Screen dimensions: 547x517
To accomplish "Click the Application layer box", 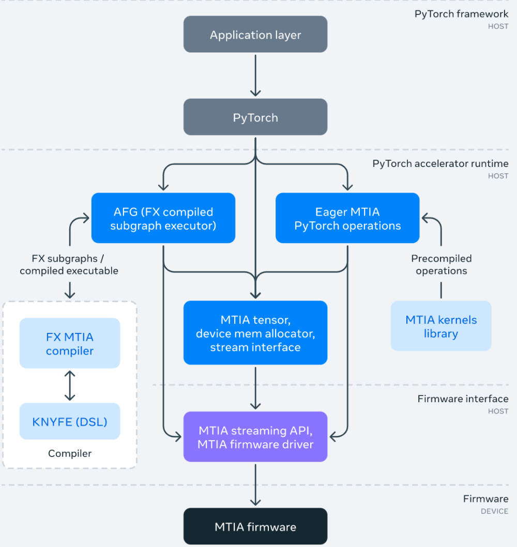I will (255, 35).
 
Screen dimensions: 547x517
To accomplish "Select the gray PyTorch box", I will (255, 117).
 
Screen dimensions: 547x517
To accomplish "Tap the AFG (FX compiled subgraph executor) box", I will (163, 218).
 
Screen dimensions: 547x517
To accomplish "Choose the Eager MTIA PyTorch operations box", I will (347, 218).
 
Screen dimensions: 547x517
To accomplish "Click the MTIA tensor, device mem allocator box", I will (255, 333).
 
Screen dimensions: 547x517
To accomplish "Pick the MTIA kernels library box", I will (441, 326).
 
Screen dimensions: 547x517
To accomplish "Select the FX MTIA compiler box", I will (70, 343).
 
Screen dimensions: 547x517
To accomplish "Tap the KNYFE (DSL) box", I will (70, 421).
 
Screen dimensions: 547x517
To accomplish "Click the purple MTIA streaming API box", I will (255, 437).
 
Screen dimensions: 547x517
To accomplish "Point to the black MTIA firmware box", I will (255, 526).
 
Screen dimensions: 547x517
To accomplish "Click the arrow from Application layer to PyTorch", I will (255, 75).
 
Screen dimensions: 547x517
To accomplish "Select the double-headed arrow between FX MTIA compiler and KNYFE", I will (70, 386).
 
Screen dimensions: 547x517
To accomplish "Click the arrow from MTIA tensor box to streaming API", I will (255, 388).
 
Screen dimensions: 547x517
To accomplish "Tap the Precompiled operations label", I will (441, 264).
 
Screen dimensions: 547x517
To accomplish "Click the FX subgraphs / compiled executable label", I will (69, 264).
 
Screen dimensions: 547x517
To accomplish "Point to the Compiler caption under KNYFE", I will (70, 453).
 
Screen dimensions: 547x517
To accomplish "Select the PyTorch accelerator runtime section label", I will (440, 163).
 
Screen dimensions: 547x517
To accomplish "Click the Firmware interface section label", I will (463, 399).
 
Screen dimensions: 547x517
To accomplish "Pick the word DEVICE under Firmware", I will (495, 511).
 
